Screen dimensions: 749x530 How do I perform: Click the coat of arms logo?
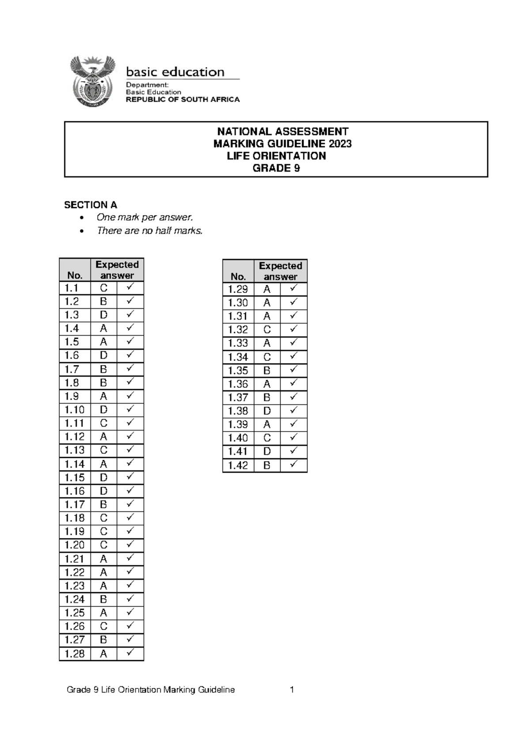tap(93, 82)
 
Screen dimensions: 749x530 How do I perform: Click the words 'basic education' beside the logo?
tap(175, 72)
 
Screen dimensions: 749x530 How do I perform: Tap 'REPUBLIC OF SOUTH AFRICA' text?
tap(183, 100)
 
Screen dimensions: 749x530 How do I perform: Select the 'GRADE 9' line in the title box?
tap(276, 168)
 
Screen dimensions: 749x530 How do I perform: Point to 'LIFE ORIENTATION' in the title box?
tap(276, 156)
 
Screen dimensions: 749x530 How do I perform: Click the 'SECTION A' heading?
tap(91, 205)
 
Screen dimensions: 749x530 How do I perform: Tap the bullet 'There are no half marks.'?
tap(150, 231)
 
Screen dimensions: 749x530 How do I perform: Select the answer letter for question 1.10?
tap(103, 410)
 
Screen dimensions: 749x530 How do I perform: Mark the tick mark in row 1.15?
tap(130, 477)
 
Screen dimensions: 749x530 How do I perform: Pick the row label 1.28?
tap(74, 654)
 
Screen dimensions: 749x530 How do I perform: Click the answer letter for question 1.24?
tap(103, 599)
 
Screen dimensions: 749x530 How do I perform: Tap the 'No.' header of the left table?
tap(75, 276)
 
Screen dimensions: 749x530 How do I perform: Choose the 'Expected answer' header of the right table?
tap(280, 271)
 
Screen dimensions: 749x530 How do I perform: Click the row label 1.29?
tap(238, 290)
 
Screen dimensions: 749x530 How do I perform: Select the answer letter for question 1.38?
tap(267, 411)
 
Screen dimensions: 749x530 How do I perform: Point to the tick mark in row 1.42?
tap(293, 465)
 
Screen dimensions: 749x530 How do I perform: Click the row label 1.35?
tap(238, 371)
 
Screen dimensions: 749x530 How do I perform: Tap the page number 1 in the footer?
tap(292, 690)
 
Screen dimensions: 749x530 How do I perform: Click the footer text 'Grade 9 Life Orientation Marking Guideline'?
tap(151, 690)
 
